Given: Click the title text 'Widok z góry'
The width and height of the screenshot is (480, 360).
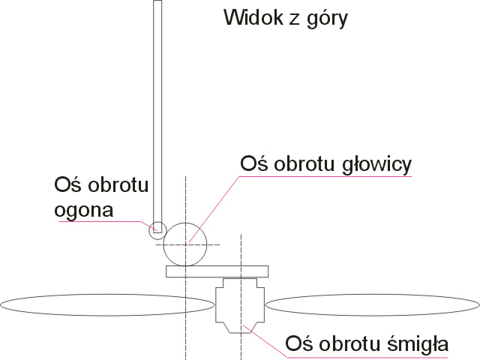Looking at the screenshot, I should point(286,17).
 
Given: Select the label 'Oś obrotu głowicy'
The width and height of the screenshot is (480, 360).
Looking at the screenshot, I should point(325,163).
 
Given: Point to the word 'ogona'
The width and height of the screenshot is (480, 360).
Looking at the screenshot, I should point(84,210).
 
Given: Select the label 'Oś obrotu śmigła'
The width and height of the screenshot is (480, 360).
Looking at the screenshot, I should point(367,346).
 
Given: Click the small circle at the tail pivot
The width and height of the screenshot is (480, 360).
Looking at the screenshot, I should point(157,230).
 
